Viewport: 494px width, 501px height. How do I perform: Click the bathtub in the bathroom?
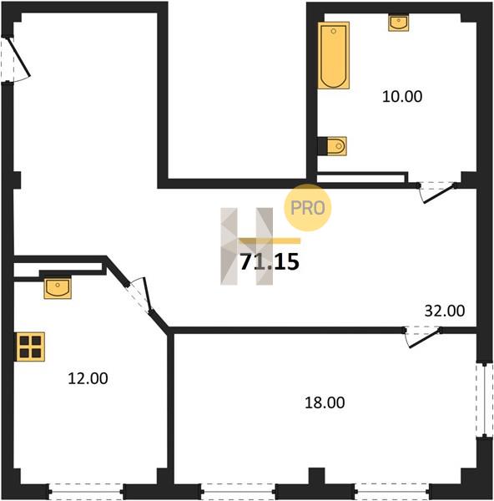point(334,55)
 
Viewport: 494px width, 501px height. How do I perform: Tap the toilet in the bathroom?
point(337,146)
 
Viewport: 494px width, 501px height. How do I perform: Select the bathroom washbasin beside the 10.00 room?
point(399,23)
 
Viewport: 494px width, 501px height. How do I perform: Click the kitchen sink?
point(58,288)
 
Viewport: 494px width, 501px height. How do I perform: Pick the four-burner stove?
point(31,347)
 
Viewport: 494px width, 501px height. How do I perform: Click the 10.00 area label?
point(402,97)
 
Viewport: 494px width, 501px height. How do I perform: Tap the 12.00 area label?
point(88,378)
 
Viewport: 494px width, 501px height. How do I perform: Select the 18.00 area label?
point(325,402)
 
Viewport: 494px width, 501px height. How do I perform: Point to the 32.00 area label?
point(445,311)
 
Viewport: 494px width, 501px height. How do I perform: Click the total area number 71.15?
point(270,261)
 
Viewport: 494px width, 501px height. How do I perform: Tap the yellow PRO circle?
point(308,208)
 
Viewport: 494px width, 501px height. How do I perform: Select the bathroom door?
point(438,193)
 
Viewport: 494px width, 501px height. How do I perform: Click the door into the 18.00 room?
point(423,337)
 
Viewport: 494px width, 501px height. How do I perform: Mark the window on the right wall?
point(485,401)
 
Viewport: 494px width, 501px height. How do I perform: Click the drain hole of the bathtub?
point(334,31)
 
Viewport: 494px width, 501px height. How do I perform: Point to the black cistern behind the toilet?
point(323,146)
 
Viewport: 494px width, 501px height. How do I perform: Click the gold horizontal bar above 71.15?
point(270,241)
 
